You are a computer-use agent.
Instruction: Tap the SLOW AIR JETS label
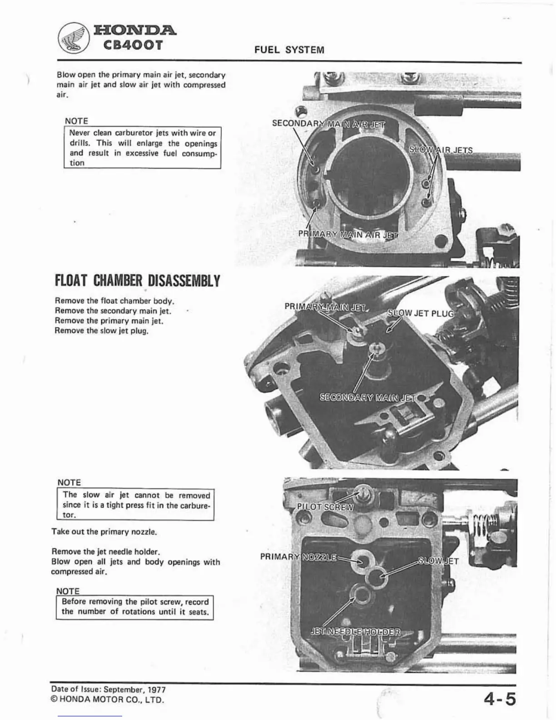point(441,150)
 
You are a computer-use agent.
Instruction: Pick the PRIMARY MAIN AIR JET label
point(348,235)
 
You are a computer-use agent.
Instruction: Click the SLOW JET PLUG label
point(420,314)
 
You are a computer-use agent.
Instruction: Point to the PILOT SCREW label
point(325,507)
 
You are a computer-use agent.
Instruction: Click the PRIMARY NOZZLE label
point(298,557)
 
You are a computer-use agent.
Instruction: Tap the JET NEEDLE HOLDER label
point(355,632)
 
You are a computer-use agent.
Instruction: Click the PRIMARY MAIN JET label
point(325,306)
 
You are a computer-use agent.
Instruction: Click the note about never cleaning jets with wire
point(142,148)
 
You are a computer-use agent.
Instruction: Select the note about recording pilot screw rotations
point(135,607)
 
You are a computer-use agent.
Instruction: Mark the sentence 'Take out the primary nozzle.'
point(104,531)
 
